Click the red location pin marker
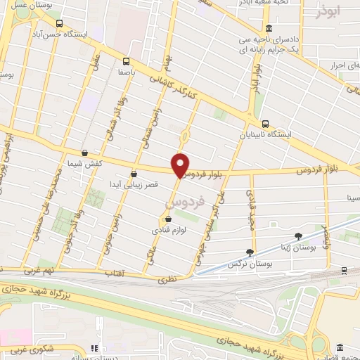(x=181, y=165)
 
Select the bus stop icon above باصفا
(x=127, y=60)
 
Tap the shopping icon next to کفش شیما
(x=85, y=153)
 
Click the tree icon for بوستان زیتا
(x=298, y=236)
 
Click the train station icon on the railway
(x=344, y=270)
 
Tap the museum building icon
(x=341, y=348)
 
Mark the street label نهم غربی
(x=43, y=269)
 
